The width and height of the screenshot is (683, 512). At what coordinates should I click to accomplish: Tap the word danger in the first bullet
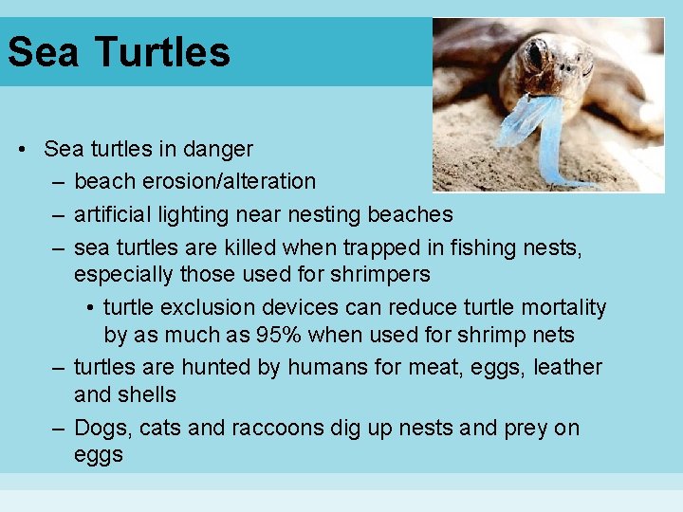click(x=221, y=149)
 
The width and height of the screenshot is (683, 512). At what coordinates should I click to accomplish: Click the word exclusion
click(x=205, y=307)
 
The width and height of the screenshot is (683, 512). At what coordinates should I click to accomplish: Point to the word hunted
click(x=213, y=367)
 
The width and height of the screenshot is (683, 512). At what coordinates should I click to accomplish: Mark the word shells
click(x=149, y=393)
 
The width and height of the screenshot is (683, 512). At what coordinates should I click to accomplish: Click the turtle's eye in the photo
click(x=533, y=55)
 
